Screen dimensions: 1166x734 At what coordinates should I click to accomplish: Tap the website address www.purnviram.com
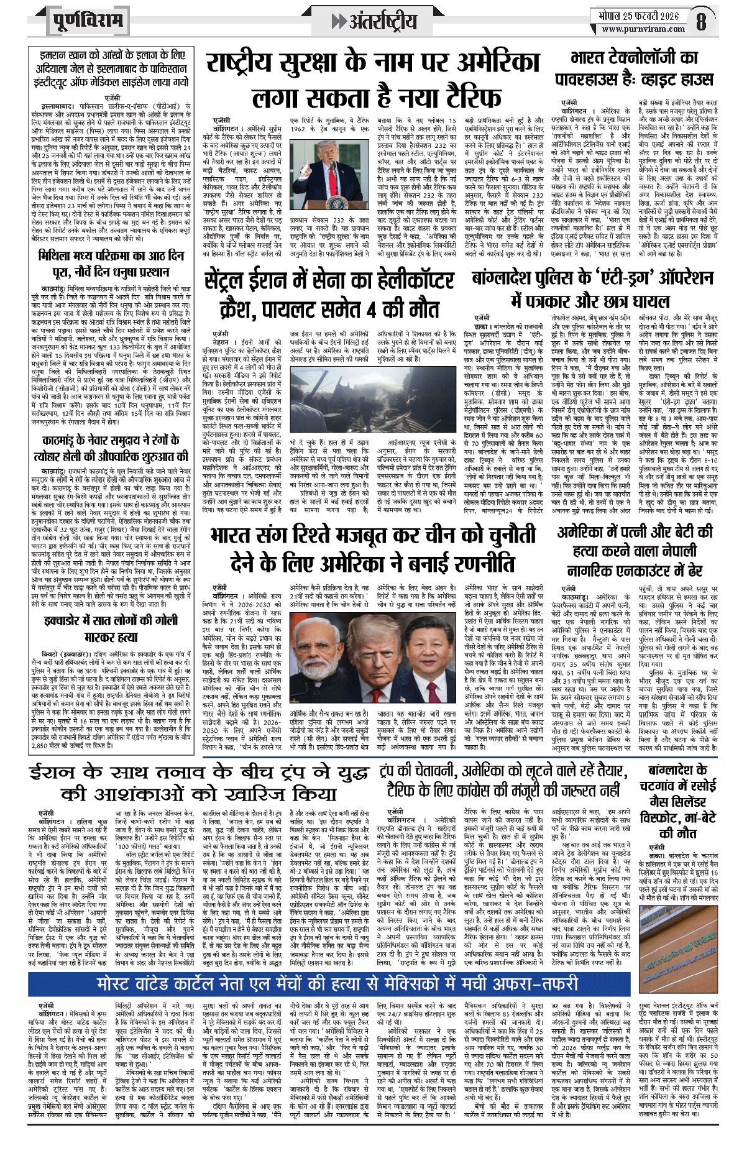point(643,29)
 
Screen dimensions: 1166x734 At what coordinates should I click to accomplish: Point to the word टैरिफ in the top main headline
point(473,98)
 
